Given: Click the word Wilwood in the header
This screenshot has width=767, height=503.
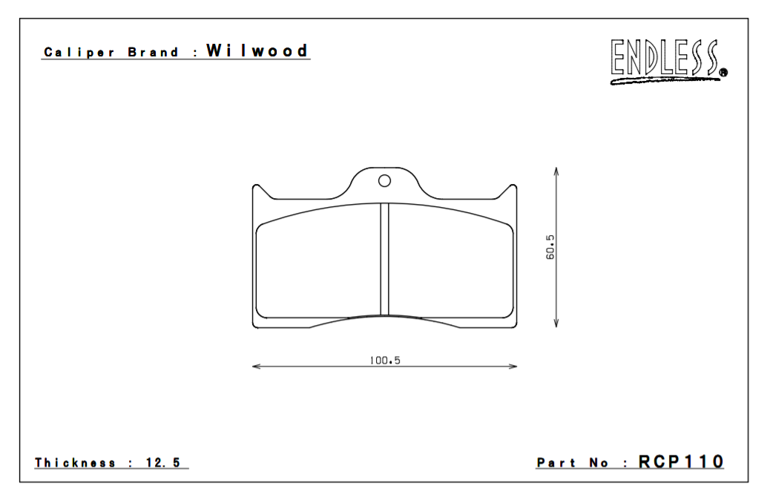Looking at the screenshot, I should pyautogui.click(x=257, y=51).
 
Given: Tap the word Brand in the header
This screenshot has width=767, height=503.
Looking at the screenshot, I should pyautogui.click(x=154, y=53).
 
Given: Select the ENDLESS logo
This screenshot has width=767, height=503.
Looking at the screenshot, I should pyautogui.click(x=665, y=59).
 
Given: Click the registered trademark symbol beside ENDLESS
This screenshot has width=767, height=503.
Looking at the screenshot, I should pyautogui.click(x=723, y=73).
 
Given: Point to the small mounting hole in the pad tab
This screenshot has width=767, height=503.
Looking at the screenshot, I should pyautogui.click(x=384, y=180).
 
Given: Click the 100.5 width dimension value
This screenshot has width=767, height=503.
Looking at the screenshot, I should pyautogui.click(x=385, y=361).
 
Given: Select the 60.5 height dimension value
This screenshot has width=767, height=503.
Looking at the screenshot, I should pyautogui.click(x=550, y=247).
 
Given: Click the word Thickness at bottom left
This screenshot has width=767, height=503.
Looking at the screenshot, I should pyautogui.click(x=75, y=463).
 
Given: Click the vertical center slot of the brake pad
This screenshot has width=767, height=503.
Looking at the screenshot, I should pyautogui.click(x=384, y=260).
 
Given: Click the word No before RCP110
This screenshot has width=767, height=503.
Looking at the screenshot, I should pyautogui.click(x=599, y=463).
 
